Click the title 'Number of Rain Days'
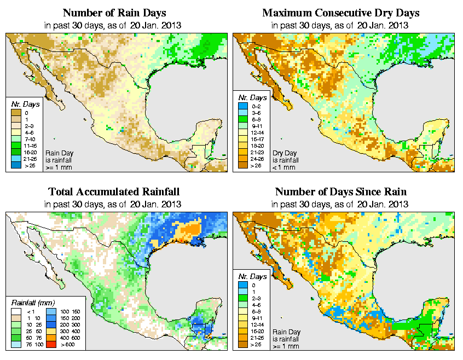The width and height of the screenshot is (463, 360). pos(114,13)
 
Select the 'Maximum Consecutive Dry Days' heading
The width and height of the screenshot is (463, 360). pos(341,13)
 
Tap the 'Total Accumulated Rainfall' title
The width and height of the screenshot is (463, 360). pos(114,191)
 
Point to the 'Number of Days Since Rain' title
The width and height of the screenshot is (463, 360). pos(341,191)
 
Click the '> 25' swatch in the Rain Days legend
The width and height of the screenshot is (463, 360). pos(16,165)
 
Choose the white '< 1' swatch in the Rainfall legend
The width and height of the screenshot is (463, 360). pos(16,311)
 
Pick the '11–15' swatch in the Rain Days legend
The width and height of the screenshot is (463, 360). pos(16,146)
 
